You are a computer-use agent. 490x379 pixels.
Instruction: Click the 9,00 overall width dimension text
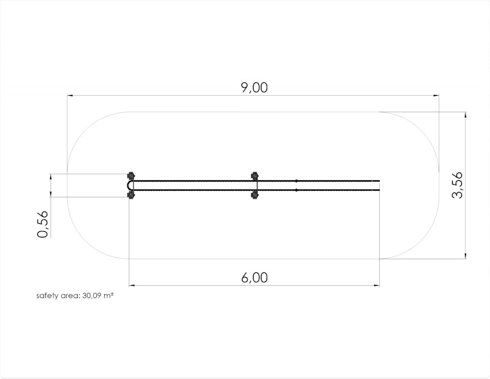click(x=254, y=88)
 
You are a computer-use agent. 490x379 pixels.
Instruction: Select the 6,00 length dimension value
click(x=254, y=277)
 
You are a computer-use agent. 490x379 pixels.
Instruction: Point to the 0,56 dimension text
click(x=42, y=224)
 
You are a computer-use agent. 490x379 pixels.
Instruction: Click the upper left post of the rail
click(x=130, y=175)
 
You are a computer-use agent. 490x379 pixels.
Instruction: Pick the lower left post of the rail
click(x=130, y=195)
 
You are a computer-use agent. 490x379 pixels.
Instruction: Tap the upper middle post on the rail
click(x=255, y=176)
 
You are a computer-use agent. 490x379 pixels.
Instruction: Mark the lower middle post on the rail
click(x=255, y=196)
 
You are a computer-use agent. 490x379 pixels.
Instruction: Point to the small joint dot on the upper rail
click(x=296, y=181)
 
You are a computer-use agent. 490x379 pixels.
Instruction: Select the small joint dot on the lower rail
click(x=296, y=190)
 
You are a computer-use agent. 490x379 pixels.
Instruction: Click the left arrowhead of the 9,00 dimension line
click(x=70, y=96)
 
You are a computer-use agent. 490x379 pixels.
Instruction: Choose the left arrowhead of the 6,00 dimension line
click(x=132, y=285)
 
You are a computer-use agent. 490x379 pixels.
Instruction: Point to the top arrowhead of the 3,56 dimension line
click(x=466, y=115)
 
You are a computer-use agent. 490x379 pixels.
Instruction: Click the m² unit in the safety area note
click(x=109, y=296)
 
